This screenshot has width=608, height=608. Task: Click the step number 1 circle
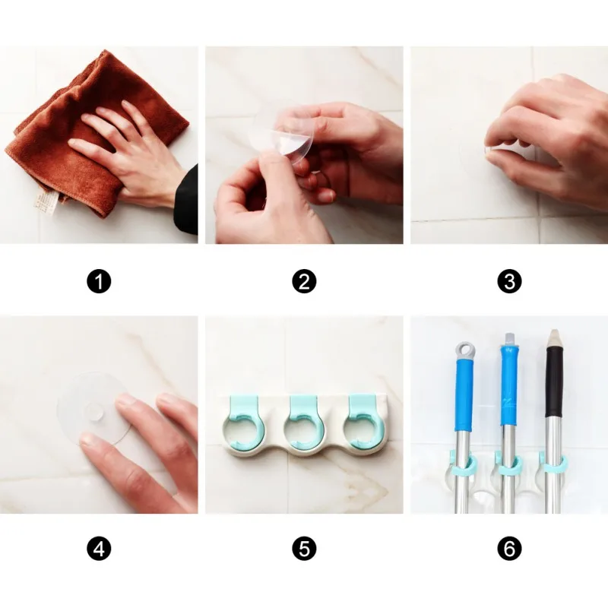click(x=99, y=281)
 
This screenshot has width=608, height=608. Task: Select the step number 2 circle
click(x=304, y=281)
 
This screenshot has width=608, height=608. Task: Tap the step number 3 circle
click(x=509, y=281)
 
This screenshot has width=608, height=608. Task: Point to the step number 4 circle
click(x=99, y=549)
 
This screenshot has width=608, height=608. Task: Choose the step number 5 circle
click(x=304, y=549)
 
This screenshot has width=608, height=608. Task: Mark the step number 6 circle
click(x=509, y=549)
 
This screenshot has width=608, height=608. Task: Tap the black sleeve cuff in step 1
click(x=186, y=201)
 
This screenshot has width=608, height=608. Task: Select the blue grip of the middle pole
click(x=508, y=388)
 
